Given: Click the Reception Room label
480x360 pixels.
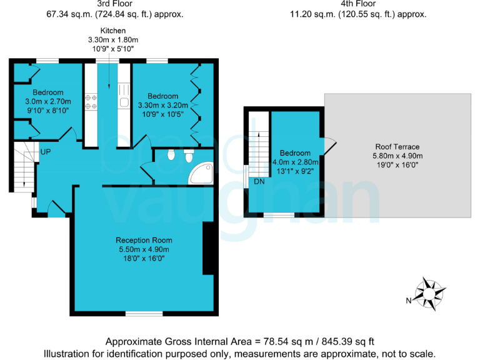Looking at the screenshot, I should [x=144, y=240].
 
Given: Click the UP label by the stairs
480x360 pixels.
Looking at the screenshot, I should [x=46, y=152].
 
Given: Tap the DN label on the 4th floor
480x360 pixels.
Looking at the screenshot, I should [x=258, y=181].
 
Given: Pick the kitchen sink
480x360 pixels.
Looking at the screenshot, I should [x=124, y=102].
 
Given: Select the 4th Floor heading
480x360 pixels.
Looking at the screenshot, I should [x=357, y=4].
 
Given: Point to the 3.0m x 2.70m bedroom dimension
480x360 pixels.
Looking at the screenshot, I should [x=48, y=101].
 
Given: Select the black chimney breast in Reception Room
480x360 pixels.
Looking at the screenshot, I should [x=207, y=248].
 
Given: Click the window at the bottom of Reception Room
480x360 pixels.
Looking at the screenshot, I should [x=144, y=313].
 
